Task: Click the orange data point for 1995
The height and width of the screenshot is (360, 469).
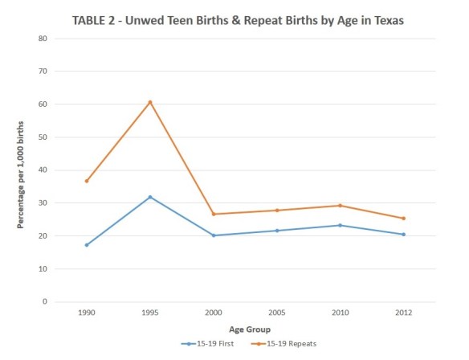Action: (150, 102)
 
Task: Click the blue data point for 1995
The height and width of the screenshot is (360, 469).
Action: (150, 197)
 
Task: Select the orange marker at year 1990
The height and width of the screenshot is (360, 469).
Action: (87, 181)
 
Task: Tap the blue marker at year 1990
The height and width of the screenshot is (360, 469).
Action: (87, 245)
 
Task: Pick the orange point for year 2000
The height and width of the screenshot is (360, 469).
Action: (214, 214)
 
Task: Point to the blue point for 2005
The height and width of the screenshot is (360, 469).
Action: (277, 231)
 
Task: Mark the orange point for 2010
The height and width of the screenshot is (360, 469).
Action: (341, 206)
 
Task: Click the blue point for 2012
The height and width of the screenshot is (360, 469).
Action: (404, 235)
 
